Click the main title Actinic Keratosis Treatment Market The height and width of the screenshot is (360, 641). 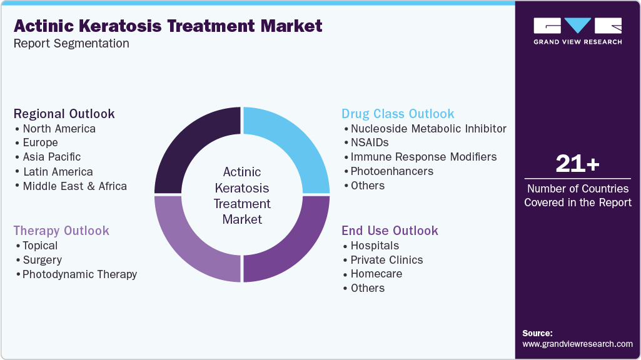[168, 26]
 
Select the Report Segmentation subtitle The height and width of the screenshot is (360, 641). [71, 44]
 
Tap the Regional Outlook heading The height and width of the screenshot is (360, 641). [64, 114]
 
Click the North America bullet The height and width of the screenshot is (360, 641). [59, 129]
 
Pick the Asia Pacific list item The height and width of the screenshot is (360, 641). [51, 157]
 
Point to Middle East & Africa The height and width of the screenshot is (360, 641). [74, 186]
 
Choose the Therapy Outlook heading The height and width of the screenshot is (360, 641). [61, 231]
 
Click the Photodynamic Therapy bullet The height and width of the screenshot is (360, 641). [79, 274]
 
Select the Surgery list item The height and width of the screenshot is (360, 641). [42, 260]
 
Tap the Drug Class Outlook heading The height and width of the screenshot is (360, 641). [398, 114]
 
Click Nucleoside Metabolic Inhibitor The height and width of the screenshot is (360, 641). [428, 129]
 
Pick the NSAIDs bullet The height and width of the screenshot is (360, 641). [370, 142]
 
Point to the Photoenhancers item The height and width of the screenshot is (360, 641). [391, 171]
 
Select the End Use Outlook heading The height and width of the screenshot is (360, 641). [390, 231]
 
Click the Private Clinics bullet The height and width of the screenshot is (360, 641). [386, 260]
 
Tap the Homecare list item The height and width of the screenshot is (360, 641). [376, 274]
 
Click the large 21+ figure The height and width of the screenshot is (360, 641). [577, 164]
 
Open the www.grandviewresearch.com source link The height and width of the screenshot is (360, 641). [577, 344]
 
